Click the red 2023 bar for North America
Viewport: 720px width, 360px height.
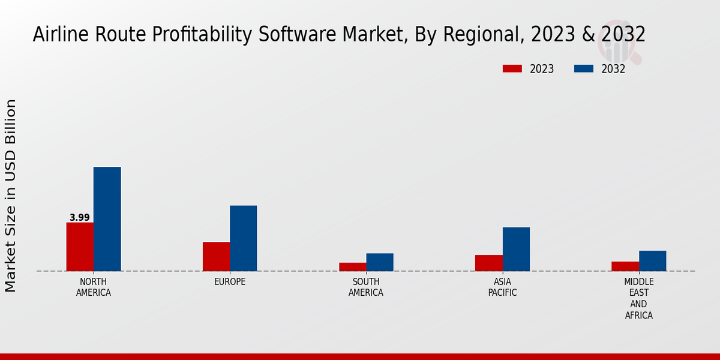[80, 247]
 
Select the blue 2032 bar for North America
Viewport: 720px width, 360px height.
[107, 219]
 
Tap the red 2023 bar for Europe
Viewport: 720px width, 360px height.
[216, 256]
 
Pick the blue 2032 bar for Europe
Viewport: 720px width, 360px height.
[243, 238]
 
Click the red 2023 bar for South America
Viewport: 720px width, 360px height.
[352, 267]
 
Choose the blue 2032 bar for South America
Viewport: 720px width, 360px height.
[380, 262]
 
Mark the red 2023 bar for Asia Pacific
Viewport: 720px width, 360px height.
[488, 263]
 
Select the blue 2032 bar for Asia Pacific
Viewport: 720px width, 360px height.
[516, 249]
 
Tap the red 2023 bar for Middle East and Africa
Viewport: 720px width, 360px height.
[625, 266]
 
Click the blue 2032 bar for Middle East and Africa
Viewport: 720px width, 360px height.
[652, 261]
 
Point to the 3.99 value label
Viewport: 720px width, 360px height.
[79, 218]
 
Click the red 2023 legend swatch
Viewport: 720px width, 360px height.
[512, 69]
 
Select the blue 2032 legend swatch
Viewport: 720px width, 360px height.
[583, 69]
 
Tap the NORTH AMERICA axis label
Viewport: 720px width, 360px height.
[93, 287]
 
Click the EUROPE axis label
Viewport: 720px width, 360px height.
[230, 282]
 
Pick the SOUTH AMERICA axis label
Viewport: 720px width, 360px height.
[366, 287]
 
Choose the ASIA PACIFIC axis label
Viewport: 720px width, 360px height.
[502, 287]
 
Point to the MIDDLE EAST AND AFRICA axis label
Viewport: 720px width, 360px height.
[639, 298]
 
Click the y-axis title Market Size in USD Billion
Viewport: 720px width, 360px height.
[11, 196]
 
